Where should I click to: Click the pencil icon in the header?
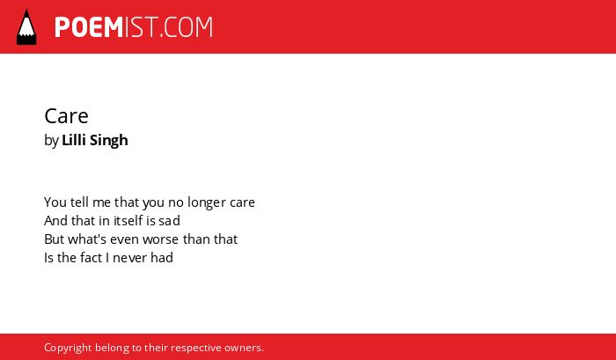(26, 27)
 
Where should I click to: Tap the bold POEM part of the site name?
(89, 27)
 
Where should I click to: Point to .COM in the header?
(187, 27)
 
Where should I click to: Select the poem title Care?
(66, 116)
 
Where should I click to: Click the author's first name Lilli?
(74, 140)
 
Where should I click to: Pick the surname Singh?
(109, 141)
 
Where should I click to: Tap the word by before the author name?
(51, 141)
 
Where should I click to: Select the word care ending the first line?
(242, 203)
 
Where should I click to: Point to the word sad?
(169, 221)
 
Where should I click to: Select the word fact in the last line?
(92, 257)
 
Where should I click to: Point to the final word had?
(159, 257)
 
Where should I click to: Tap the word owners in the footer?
(243, 349)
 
